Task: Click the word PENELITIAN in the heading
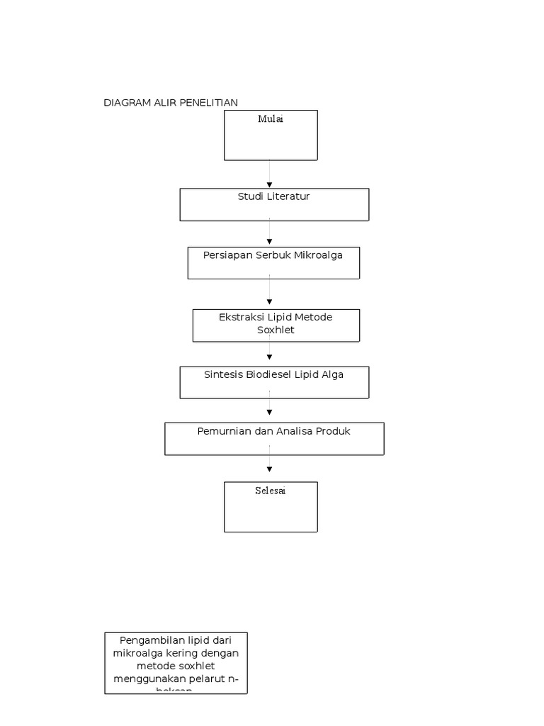[208, 103]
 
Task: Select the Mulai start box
[271, 135]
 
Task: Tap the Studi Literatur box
[274, 205]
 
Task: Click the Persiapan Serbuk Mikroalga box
[273, 263]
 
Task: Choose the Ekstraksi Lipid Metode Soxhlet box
[276, 325]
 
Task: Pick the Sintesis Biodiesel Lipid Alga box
[274, 382]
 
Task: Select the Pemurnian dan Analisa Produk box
[274, 439]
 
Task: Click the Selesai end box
[271, 507]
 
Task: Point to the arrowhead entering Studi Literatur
[270, 185]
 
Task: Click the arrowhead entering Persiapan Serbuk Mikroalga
[270, 243]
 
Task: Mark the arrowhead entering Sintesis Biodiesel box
[270, 357]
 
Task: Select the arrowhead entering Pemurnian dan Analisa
[270, 412]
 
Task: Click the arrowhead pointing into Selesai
[270, 469]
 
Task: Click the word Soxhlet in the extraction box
[276, 330]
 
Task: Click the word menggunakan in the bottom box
[147, 679]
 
